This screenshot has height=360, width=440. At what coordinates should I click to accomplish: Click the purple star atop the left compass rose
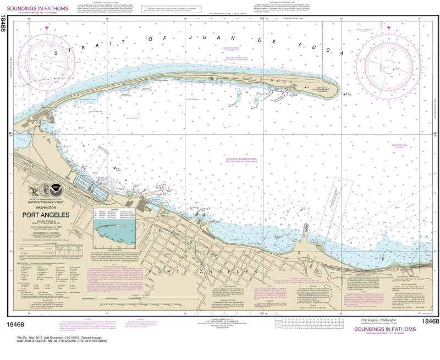coord(47,28)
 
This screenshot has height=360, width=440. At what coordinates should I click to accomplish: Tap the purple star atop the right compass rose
coord(389,28)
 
